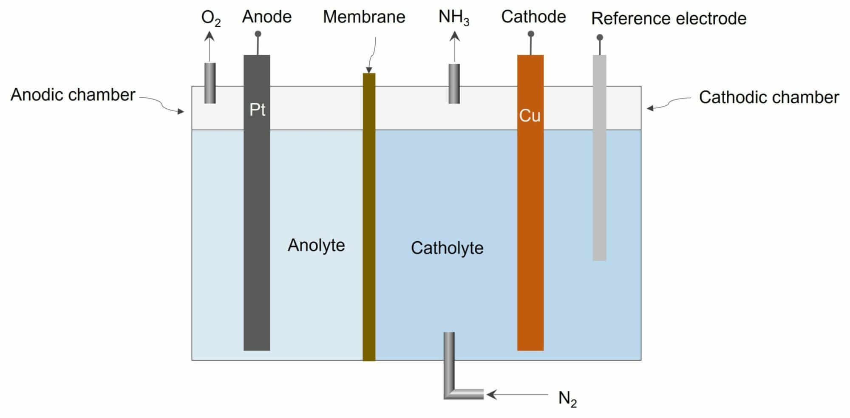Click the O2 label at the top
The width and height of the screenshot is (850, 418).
210,18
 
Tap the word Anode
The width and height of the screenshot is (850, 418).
267,17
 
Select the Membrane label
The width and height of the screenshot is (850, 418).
364,17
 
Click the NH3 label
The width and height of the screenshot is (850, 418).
453,18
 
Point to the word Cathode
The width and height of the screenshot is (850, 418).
533,17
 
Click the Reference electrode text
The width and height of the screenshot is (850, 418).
669,19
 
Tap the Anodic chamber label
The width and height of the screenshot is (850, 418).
73,95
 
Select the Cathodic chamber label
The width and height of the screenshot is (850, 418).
769,97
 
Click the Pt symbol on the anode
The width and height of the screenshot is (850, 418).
257,110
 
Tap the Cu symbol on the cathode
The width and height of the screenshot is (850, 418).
530,116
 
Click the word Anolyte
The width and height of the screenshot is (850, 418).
316,245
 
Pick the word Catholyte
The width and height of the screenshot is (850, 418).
447,248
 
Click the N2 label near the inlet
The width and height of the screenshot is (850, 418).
567,398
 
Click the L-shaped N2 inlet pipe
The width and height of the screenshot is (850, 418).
450,374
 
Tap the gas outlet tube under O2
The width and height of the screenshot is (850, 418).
210,83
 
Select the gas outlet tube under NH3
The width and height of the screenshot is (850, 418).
454,84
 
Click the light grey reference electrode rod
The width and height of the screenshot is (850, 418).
599,170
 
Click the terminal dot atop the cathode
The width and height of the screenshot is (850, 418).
531,34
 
